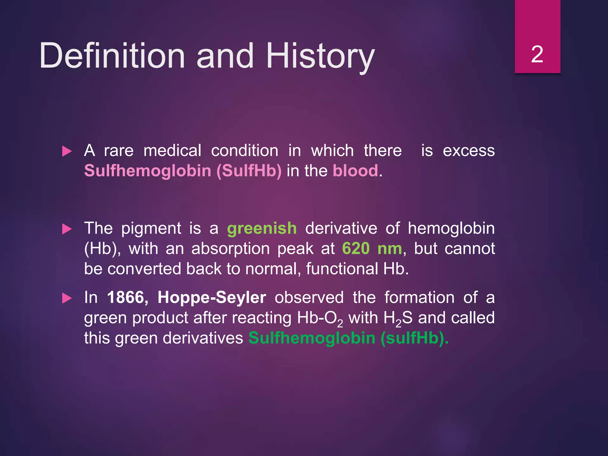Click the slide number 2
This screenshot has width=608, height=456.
click(x=537, y=54)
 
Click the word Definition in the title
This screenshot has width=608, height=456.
click(x=112, y=56)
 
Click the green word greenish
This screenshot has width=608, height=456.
click(x=262, y=228)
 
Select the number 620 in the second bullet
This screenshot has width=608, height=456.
click(x=356, y=248)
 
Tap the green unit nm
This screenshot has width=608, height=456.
click(x=389, y=248)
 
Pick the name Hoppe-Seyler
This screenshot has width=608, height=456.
click(x=212, y=297)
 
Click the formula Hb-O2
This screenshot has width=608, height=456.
click(x=320, y=318)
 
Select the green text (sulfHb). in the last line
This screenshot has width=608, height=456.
click(x=414, y=338)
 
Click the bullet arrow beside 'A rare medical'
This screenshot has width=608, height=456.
click(x=67, y=151)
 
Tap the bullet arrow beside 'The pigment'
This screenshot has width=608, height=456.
click(x=67, y=229)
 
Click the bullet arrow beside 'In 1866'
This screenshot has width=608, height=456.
click(x=67, y=298)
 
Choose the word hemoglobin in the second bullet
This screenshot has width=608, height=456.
click(x=451, y=228)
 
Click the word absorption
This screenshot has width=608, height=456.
click(x=230, y=248)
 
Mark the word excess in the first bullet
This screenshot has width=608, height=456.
click(x=468, y=151)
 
